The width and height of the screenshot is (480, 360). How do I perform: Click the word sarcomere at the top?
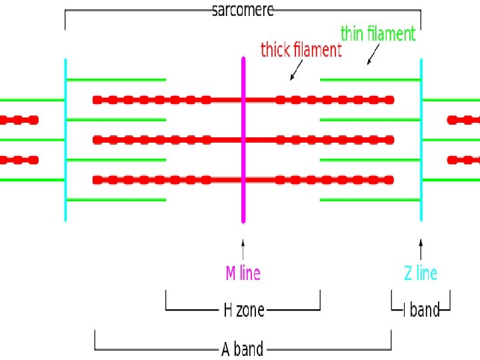coord(243,10)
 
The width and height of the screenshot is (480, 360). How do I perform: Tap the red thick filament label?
coord(301,50)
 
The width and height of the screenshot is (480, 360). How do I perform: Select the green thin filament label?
coord(378,33)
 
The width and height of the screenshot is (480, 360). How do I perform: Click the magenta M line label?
coord(243,273)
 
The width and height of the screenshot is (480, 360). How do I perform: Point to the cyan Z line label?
coord(421,273)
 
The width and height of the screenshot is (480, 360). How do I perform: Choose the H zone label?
coord(243,310)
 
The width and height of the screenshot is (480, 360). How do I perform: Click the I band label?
coord(421,310)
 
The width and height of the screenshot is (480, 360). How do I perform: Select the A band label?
coord(242,349)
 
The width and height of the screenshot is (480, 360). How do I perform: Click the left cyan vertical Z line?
coord(65,140)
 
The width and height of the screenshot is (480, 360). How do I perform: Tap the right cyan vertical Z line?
coord(421,140)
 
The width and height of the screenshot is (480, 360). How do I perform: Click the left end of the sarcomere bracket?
coord(65,20)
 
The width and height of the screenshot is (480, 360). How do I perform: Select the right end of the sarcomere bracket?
coord(421,20)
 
